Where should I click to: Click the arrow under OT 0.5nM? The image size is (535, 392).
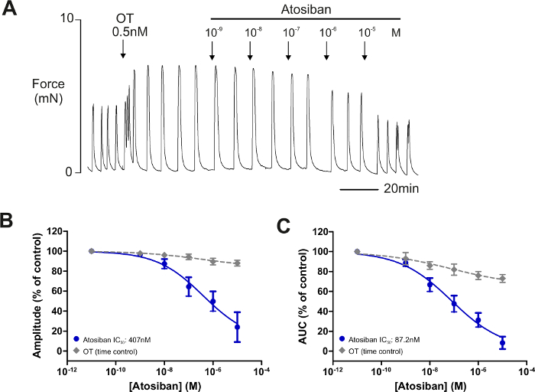tap(123, 49)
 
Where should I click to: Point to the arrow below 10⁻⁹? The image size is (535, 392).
tap(212, 50)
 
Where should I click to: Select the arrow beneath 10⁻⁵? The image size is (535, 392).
tap(365, 50)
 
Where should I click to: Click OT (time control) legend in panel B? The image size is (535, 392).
tap(112, 350)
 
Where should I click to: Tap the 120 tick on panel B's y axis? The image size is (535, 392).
tap(52, 231)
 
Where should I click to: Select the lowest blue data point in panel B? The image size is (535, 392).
tap(238, 327)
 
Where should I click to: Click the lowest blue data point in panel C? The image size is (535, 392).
tap(502, 342)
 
